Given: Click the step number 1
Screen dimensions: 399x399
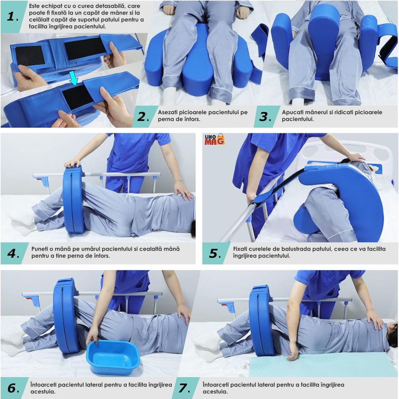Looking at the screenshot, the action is (x=11, y=17).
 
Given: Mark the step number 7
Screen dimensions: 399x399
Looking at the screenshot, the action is (x=183, y=388).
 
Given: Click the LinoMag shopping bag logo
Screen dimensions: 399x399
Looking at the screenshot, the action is (x=214, y=140).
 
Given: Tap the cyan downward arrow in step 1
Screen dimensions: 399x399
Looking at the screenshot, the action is (x=74, y=78).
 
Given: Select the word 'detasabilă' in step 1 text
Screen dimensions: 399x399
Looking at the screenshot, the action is (x=105, y=6).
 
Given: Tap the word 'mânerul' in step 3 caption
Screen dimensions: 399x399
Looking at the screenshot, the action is (x=318, y=112).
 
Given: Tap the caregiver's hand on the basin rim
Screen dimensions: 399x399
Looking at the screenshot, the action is (x=92, y=336).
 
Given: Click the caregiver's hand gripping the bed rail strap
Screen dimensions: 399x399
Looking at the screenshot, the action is (x=251, y=198).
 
